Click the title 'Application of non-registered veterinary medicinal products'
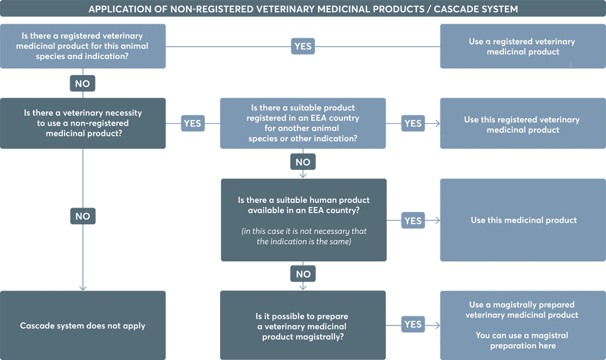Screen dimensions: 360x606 click(x=303, y=9)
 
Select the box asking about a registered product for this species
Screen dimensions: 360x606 click(x=82, y=46)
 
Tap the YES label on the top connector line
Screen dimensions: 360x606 click(x=302, y=47)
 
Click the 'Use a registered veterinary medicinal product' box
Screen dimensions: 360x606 click(x=522, y=47)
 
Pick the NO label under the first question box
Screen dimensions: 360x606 click(x=82, y=84)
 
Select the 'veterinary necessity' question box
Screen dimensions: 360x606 click(x=82, y=123)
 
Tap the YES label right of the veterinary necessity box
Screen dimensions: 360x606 click(x=192, y=123)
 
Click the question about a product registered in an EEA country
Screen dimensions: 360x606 click(x=302, y=123)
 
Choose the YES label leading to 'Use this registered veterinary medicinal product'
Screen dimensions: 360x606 click(x=412, y=123)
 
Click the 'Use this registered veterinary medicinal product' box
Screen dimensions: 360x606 click(x=522, y=124)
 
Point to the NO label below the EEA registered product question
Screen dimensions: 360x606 click(x=302, y=162)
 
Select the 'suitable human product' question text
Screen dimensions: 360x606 click(x=304, y=205)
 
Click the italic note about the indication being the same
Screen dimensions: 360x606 click(x=304, y=236)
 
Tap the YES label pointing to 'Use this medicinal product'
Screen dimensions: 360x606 click(x=412, y=221)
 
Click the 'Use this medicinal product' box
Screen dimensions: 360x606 click(x=523, y=220)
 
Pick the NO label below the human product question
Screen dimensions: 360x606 click(x=303, y=274)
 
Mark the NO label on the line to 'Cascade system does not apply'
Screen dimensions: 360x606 click(x=82, y=216)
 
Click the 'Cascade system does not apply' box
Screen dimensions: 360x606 click(x=82, y=326)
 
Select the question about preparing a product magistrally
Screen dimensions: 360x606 click(x=303, y=326)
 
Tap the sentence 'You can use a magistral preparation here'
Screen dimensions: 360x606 click(x=522, y=340)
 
